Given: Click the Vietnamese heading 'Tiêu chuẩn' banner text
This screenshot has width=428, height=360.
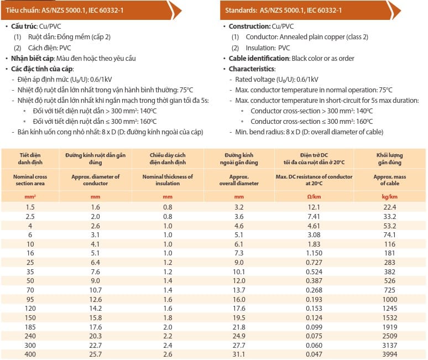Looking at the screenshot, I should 23,10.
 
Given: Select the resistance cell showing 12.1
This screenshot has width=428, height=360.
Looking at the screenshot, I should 314,206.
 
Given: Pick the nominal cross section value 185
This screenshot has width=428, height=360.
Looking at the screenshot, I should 30,327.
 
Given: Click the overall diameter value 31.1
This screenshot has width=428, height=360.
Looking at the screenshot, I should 238,353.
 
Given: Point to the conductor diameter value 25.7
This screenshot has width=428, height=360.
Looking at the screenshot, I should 95,353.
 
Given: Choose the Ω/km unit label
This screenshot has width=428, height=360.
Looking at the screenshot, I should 314,197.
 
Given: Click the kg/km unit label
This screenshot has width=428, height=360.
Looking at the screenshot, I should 390,197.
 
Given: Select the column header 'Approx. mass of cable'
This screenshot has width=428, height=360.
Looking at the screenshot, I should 390,180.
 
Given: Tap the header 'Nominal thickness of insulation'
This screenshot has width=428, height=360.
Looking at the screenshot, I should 168,180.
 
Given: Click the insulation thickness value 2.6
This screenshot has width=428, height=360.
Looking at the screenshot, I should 168,353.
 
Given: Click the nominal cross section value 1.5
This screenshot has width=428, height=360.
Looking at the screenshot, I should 30,206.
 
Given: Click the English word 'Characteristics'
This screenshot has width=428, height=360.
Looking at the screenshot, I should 252,69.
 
